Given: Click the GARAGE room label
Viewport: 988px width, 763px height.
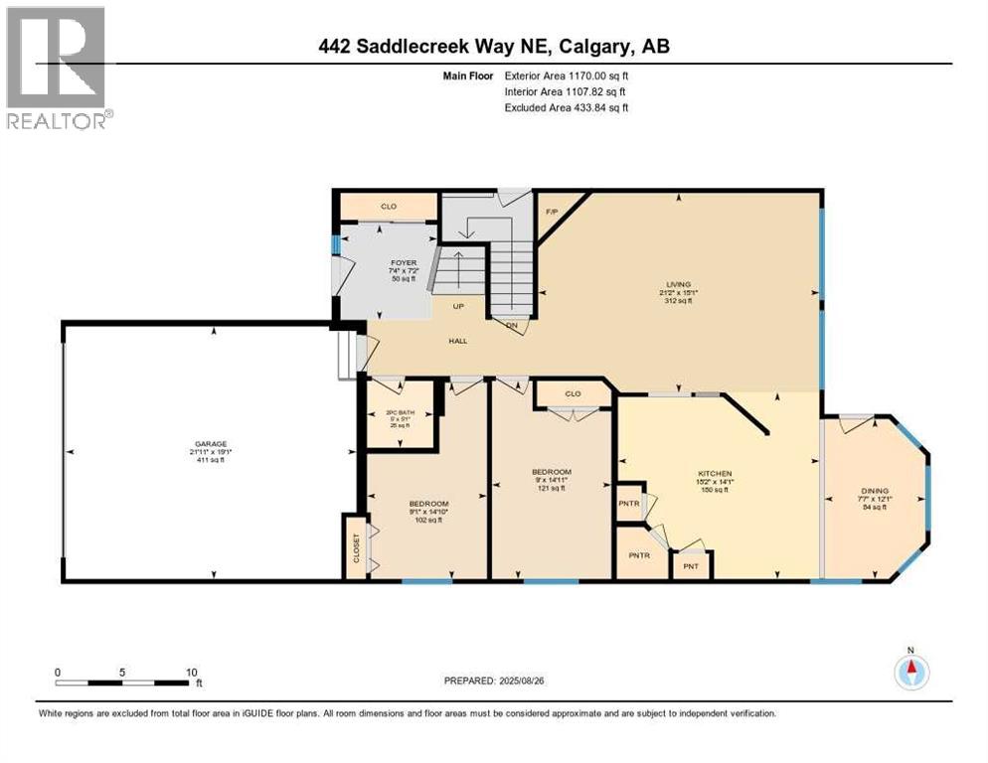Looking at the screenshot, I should click(x=209, y=444).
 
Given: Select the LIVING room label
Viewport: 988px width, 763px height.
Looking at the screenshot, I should click(x=679, y=284).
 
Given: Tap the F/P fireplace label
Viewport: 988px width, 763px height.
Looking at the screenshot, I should click(x=552, y=212).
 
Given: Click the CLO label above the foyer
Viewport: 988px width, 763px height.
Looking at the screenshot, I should click(x=389, y=207).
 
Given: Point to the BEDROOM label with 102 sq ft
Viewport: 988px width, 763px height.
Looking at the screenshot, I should click(x=429, y=504).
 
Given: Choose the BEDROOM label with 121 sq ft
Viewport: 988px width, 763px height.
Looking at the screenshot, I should click(x=551, y=471).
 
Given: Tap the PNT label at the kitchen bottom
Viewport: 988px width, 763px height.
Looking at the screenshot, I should click(x=691, y=567).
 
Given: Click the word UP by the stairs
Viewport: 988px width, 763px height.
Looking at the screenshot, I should click(x=459, y=306).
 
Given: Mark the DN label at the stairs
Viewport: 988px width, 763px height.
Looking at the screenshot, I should click(x=512, y=326).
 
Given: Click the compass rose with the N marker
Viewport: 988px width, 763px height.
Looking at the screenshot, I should click(x=910, y=672).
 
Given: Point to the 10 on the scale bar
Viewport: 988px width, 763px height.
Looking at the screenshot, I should click(x=189, y=672).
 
